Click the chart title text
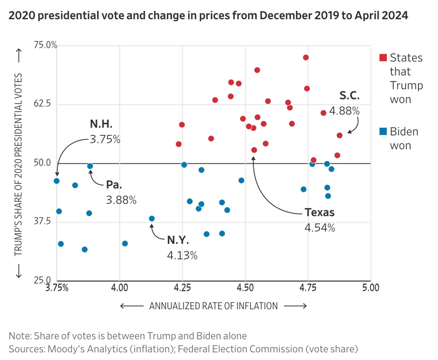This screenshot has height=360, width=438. coord(208,15)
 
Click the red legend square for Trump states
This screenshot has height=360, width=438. coord(383,58)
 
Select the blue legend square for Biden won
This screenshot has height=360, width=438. coord(383,131)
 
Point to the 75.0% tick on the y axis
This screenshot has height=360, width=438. coord(45,45)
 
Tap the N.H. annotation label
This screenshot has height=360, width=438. coord(102,124)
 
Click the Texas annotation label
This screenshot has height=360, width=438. coord(320,212)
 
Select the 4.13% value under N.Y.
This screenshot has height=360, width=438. coord(182,255)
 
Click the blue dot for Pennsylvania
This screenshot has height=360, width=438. coord(90,166)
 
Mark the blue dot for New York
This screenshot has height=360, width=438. coord(152,218)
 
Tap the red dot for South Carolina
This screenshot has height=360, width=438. coord(340,135)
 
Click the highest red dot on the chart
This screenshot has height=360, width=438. coord(306,58)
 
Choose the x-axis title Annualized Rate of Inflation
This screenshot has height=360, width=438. coord(213,306)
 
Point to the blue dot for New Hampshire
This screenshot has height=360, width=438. coord(57,181)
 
